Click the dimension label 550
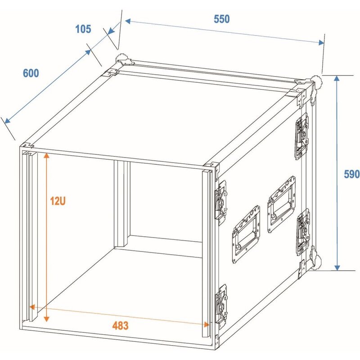[222, 19]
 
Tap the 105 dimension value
[83, 29]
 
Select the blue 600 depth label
[31, 73]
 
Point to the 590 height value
[351, 174]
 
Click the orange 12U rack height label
[58, 201]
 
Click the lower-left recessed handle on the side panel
[246, 233]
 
